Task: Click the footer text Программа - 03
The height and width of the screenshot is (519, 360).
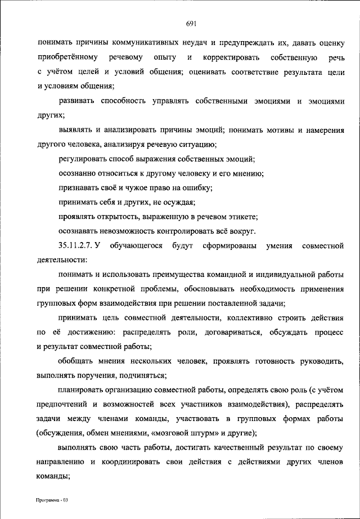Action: tap(51, 500)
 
